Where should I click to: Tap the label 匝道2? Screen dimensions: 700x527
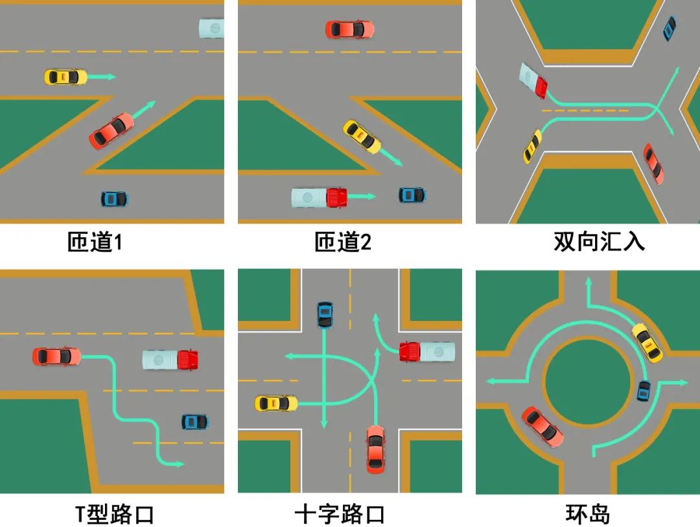(x=343, y=242)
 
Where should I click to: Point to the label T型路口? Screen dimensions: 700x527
(x=115, y=515)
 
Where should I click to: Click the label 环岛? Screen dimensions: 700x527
(x=587, y=515)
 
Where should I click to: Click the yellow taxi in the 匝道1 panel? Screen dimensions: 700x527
(x=65, y=77)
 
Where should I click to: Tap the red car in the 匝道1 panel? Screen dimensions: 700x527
(x=111, y=131)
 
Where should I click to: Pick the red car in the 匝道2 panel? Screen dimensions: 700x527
(x=349, y=29)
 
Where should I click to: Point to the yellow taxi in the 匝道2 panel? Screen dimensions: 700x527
(x=362, y=137)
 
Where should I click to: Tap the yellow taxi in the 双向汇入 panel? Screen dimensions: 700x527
(x=532, y=146)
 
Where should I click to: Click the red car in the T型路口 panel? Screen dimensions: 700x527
(x=57, y=356)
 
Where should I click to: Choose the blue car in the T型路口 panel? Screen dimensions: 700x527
(x=194, y=422)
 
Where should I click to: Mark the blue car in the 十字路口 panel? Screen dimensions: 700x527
(x=324, y=314)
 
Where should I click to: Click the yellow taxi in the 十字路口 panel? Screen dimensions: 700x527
(x=276, y=403)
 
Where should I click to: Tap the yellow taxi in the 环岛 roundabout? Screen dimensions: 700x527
(x=647, y=342)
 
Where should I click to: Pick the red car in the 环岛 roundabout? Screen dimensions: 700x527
(x=542, y=427)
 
